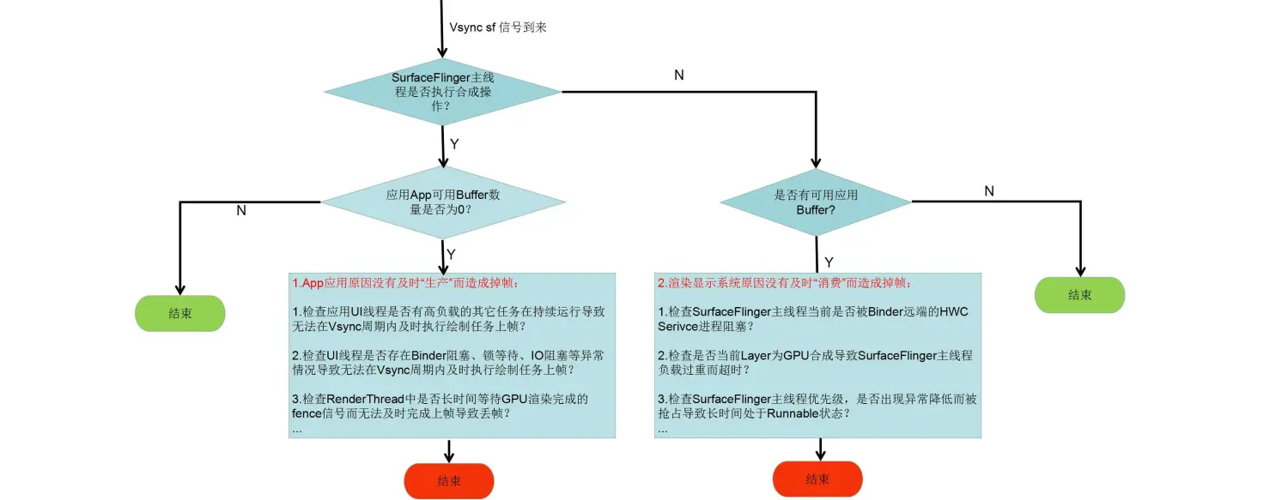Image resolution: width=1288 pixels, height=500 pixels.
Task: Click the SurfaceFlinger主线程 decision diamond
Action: point(442,91)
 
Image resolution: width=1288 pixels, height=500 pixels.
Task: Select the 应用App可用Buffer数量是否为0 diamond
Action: point(443,202)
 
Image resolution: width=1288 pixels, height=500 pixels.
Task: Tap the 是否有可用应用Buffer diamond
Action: point(815,202)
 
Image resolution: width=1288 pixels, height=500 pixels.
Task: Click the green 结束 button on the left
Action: point(180,314)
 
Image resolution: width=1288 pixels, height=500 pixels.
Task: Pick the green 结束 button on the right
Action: point(1079,295)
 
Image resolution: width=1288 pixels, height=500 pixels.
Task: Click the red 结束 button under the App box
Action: point(449,481)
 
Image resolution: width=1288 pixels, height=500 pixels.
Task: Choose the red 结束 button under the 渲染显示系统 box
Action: point(817,479)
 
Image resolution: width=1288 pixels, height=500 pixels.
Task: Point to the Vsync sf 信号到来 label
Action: point(498,27)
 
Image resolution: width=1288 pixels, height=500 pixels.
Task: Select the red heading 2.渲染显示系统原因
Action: point(785,283)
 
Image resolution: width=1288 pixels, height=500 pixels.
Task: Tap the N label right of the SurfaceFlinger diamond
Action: point(679,75)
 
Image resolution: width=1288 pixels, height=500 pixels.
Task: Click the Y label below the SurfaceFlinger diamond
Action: point(455,144)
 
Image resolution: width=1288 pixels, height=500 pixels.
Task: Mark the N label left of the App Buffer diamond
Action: point(241,210)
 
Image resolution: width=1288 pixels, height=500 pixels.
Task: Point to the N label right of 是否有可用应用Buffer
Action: point(989,191)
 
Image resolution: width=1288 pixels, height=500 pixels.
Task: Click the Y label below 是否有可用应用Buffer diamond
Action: point(829,262)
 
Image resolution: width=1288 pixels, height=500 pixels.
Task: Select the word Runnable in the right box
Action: point(796,413)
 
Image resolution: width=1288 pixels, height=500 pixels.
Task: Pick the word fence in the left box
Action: point(307,413)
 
